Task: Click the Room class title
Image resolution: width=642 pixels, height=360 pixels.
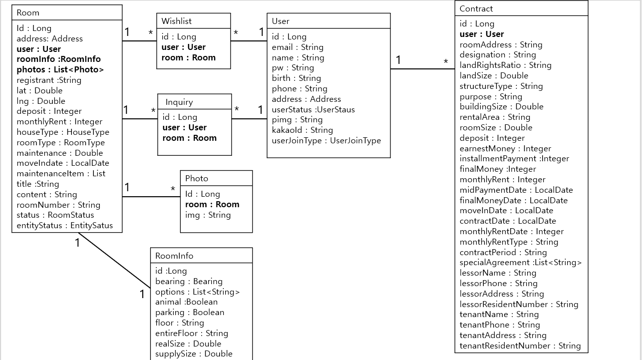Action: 28,12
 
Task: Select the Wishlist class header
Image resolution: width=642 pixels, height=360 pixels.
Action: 176,21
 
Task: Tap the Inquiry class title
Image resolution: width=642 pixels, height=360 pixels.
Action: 179,102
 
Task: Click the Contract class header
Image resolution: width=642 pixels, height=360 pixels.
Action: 476,8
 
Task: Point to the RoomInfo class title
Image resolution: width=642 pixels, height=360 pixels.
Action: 174,256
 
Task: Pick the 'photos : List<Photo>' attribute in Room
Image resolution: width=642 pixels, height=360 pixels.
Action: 60,70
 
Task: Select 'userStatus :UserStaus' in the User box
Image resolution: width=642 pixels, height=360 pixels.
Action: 313,109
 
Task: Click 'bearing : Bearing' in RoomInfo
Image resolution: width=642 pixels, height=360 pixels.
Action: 189,282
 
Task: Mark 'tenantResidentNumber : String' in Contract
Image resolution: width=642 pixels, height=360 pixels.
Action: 520,346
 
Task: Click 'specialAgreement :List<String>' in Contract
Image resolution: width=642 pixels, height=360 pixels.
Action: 520,263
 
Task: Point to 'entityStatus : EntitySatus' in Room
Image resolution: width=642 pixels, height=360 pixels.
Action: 65,226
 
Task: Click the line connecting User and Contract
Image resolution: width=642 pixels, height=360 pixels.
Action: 422,69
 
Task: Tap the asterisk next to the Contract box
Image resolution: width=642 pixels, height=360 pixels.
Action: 446,62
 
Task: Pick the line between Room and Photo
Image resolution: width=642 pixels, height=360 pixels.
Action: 151,197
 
